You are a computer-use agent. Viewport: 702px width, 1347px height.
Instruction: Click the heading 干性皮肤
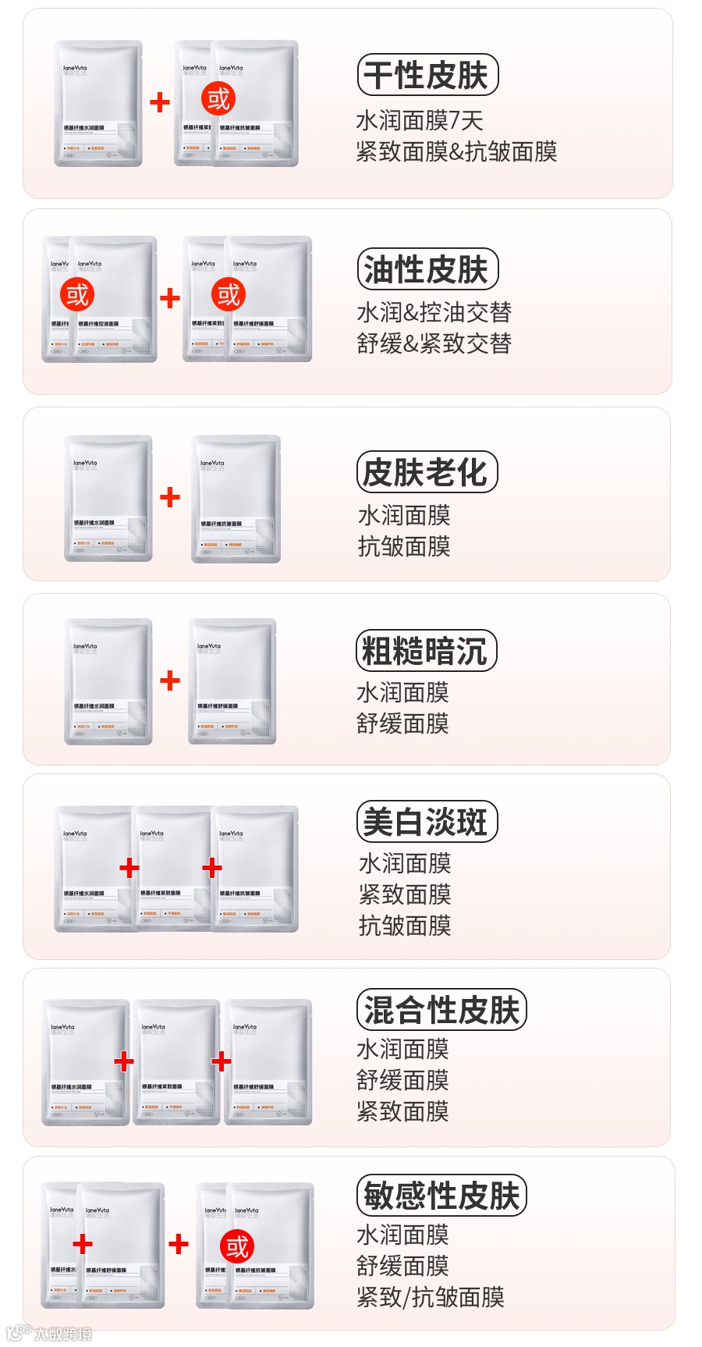pyautogui.click(x=427, y=76)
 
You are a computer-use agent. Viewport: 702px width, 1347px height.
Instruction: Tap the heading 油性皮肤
pyautogui.click(x=427, y=270)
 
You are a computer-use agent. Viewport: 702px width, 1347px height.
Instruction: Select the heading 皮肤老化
pyautogui.click(x=426, y=472)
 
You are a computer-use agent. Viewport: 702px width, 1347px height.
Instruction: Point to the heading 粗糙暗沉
pyautogui.click(x=425, y=651)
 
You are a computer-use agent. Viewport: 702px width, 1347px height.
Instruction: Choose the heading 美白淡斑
pyautogui.click(x=426, y=822)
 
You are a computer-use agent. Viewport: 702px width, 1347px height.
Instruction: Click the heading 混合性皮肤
pyautogui.click(x=441, y=1009)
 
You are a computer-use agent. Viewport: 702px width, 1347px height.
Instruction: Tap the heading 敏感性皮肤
pyautogui.click(x=441, y=1195)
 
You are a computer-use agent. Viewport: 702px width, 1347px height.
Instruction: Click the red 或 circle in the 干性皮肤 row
pyautogui.click(x=218, y=99)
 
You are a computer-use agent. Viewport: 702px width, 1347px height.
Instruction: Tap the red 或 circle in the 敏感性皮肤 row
pyautogui.click(x=237, y=1246)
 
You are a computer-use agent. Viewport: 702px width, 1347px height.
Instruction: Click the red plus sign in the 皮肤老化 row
pyautogui.click(x=169, y=497)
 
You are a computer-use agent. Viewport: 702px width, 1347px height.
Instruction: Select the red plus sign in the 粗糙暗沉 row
pyautogui.click(x=169, y=681)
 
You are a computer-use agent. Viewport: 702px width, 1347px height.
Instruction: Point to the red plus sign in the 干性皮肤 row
pyautogui.click(x=159, y=101)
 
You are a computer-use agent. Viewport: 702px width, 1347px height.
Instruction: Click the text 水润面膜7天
pyautogui.click(x=420, y=120)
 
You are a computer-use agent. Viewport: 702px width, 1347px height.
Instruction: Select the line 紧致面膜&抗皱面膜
pyautogui.click(x=456, y=151)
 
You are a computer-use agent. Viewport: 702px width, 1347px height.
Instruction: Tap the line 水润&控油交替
pyautogui.click(x=434, y=312)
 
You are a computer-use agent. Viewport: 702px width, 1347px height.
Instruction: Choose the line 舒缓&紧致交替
pyautogui.click(x=434, y=343)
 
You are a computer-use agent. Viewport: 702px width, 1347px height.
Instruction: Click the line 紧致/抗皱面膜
pyautogui.click(x=430, y=1297)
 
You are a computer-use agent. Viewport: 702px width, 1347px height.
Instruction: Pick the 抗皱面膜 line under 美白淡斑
pyautogui.click(x=405, y=926)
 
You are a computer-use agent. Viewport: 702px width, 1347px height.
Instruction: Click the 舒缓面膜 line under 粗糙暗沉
pyautogui.click(x=402, y=723)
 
